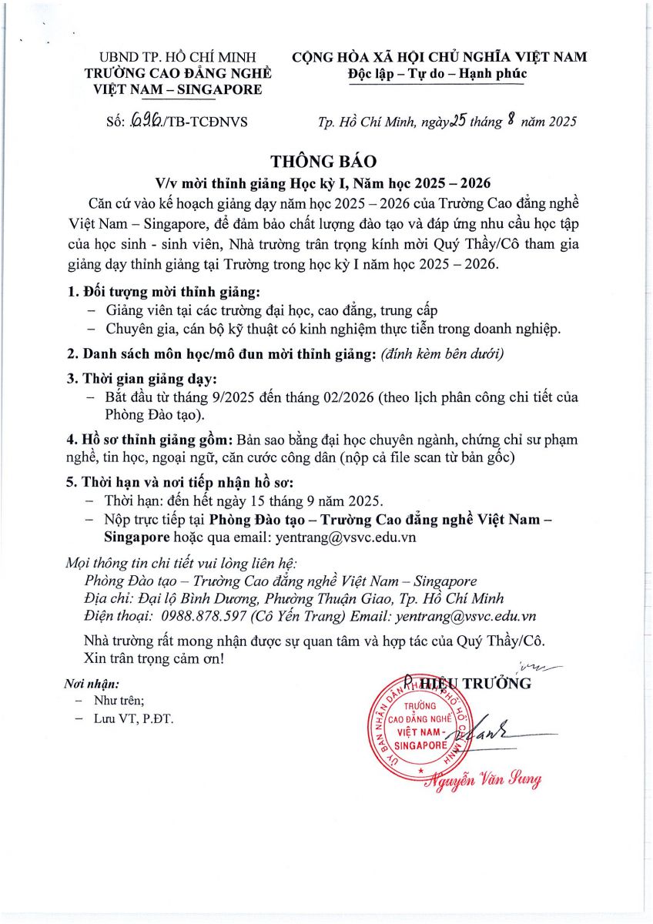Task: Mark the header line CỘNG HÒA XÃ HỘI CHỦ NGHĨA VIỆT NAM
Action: [439, 57]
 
